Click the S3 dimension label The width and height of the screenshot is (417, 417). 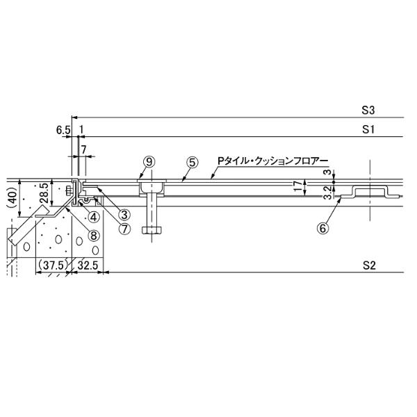368,111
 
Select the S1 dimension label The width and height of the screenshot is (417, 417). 368,130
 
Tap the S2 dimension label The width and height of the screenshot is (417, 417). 369,265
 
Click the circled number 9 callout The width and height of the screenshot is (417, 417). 149,162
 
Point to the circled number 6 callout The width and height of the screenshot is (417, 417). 323,228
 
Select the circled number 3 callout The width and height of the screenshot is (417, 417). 124,214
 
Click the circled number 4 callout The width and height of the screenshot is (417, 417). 94,218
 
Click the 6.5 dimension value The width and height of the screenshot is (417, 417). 63,130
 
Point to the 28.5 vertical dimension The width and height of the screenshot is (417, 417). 44,193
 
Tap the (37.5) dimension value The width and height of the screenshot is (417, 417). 52,265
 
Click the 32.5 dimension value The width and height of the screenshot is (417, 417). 88,265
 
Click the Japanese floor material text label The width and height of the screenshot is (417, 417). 273,161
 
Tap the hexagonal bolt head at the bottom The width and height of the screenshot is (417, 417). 152,230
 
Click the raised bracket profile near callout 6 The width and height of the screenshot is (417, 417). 370,192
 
